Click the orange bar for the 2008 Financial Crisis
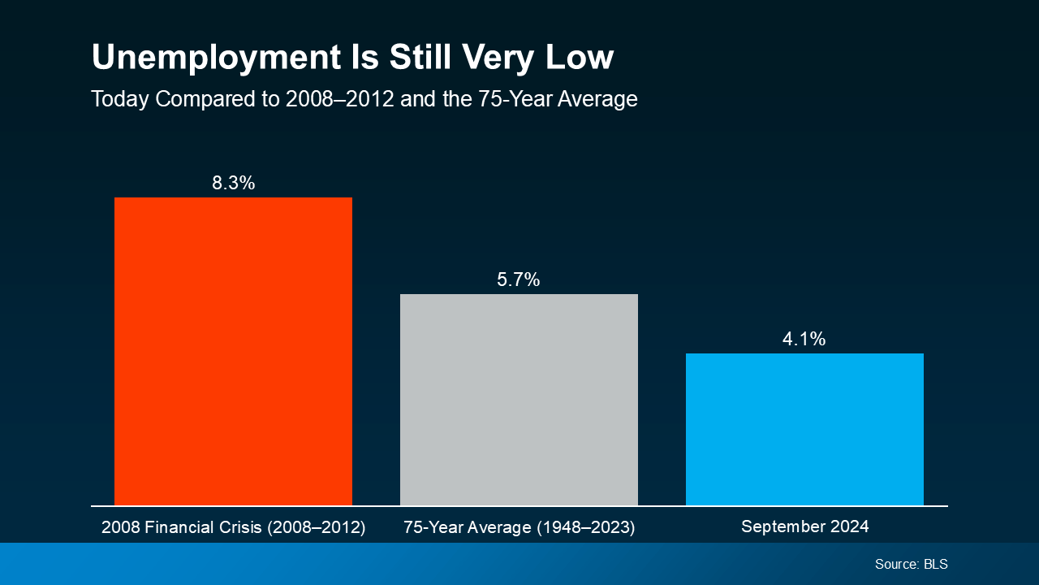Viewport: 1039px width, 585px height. (233, 351)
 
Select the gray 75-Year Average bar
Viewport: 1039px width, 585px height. (519, 400)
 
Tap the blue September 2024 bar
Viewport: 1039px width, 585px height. (804, 429)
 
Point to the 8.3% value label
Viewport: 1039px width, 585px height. (233, 183)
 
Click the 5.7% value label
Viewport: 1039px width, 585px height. (519, 280)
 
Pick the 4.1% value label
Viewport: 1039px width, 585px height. (804, 339)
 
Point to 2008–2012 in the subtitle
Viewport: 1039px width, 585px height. (339, 99)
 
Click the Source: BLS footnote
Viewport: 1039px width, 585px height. (911, 564)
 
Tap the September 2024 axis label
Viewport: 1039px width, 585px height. (804, 526)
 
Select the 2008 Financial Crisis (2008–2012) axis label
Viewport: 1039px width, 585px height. (233, 527)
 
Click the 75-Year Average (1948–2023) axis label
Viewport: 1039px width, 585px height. (519, 527)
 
